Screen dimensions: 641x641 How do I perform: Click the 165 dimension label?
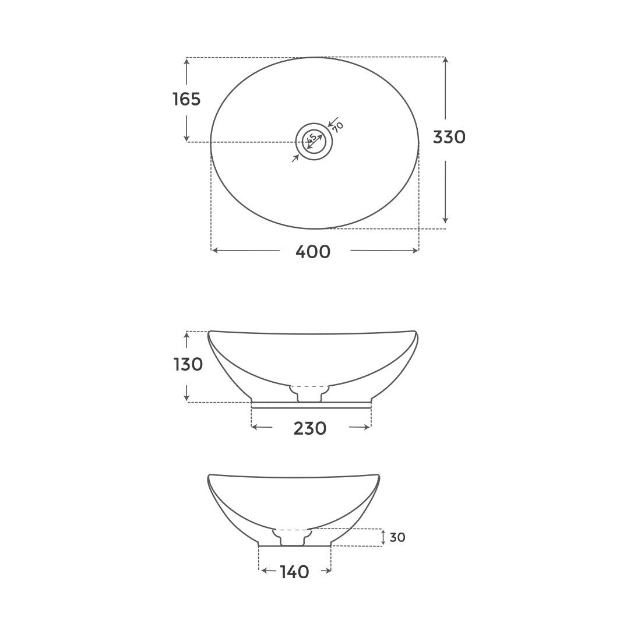click(x=186, y=100)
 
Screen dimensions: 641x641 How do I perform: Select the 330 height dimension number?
click(x=449, y=138)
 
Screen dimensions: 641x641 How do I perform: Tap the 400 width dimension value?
click(x=313, y=252)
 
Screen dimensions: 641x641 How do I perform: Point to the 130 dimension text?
click(x=188, y=365)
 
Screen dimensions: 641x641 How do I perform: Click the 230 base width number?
click(x=309, y=429)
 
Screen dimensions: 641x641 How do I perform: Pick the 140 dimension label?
click(x=294, y=572)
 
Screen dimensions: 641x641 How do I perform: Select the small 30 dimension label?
click(x=397, y=537)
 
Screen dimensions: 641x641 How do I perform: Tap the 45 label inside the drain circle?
click(x=312, y=139)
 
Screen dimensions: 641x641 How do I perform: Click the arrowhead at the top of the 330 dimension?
click(x=445, y=61)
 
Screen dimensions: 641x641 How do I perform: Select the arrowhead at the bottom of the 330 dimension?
click(x=445, y=220)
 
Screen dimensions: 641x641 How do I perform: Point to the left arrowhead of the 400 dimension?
click(x=214, y=251)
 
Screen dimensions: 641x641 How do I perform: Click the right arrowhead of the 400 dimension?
click(x=415, y=251)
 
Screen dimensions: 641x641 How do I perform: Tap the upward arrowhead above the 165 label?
click(x=186, y=62)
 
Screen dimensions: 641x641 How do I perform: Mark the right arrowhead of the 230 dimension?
click(x=367, y=427)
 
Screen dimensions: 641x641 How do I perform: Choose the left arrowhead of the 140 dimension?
click(x=263, y=571)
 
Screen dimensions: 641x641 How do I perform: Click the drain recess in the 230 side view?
click(x=309, y=393)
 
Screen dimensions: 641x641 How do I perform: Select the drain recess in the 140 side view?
click(x=293, y=537)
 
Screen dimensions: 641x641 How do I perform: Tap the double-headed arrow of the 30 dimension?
click(x=383, y=537)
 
